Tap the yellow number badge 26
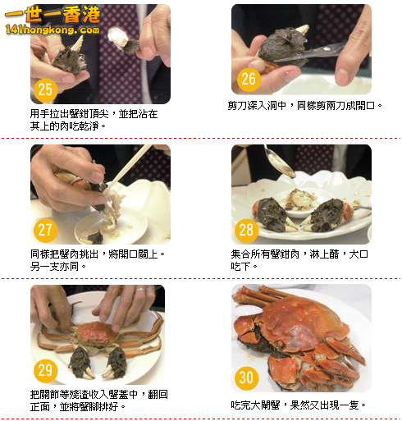tap(249, 79)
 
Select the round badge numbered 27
tap(46, 230)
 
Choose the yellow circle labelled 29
tap(46, 370)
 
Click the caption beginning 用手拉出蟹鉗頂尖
tap(94, 120)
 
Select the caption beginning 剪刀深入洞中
tap(304, 106)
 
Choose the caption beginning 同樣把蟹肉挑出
tap(98, 260)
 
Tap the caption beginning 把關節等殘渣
tap(98, 400)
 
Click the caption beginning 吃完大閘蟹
tap(299, 405)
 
